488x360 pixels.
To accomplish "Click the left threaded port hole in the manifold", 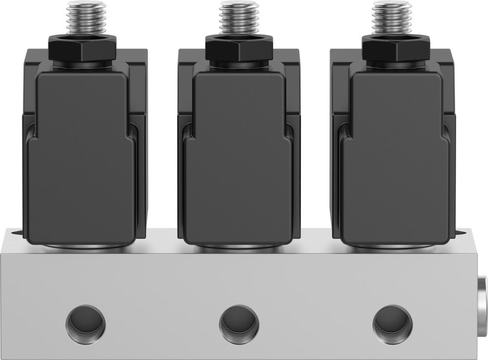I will tap(85, 322).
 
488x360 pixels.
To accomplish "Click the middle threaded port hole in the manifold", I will tap(239, 322).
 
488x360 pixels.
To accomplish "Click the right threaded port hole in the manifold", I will tap(392, 322).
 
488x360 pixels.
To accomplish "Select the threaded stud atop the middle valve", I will tap(238, 20).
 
